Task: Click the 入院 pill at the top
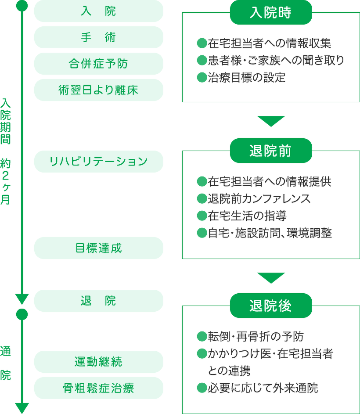pyautogui.click(x=98, y=11)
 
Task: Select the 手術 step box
pyautogui.click(x=98, y=37)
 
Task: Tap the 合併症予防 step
pyautogui.click(x=98, y=64)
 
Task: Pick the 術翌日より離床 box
pyautogui.click(x=98, y=90)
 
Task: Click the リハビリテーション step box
pyautogui.click(x=98, y=162)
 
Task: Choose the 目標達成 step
pyautogui.click(x=98, y=248)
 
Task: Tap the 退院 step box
pyautogui.click(x=98, y=301)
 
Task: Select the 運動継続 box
pyautogui.click(x=98, y=362)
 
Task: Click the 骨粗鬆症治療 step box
pyautogui.click(x=98, y=388)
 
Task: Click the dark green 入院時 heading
pyautogui.click(x=271, y=12)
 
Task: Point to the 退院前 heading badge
pyautogui.click(x=271, y=151)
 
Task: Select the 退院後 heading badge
pyautogui.click(x=271, y=306)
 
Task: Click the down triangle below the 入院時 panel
pyautogui.click(x=271, y=121)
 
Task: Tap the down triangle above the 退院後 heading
pyautogui.click(x=271, y=277)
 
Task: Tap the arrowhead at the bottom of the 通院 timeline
pyautogui.click(x=22, y=408)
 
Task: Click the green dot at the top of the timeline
pyautogui.click(x=22, y=6)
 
